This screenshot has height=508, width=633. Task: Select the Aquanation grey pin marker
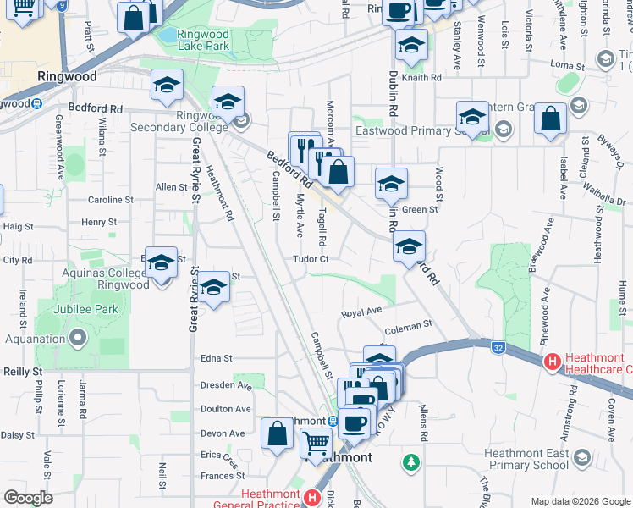(x=79, y=340)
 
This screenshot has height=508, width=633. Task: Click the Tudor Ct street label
(x=311, y=259)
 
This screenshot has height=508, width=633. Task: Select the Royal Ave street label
(x=361, y=313)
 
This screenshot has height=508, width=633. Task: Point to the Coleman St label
(x=408, y=323)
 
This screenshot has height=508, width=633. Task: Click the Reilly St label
(x=23, y=372)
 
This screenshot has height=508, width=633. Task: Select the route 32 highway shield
(x=499, y=346)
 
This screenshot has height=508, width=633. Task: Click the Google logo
(x=28, y=498)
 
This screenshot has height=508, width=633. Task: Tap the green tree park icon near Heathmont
(x=411, y=462)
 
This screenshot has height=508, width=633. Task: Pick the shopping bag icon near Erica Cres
(x=278, y=434)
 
